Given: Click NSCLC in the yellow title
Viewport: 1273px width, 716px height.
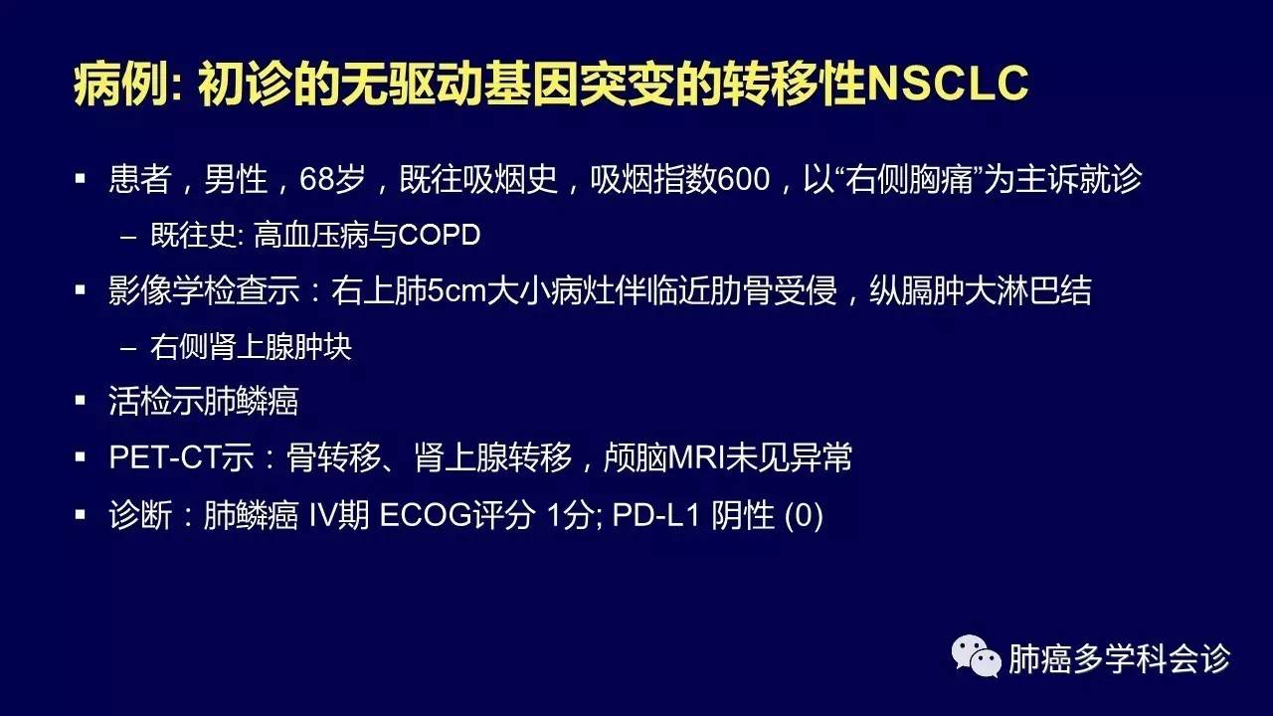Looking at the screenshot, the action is point(948,83).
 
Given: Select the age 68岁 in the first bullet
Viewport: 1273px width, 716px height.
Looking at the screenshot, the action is point(332,178).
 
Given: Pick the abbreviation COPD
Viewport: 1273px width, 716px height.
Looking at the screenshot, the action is point(440,235).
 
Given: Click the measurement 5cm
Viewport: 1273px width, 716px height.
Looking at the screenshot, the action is point(457,289).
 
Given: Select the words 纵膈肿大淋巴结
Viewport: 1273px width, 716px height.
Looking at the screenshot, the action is point(981,289).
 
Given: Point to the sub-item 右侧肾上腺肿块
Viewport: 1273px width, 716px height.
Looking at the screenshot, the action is point(251,346).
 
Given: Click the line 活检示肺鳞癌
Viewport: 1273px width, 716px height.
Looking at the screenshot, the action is point(204,401).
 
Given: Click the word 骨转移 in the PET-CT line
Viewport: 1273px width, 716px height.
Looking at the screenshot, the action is point(333,456).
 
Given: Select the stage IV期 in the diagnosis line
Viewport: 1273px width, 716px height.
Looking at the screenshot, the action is point(339,515).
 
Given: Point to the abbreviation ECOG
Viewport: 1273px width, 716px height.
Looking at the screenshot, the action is point(426,515).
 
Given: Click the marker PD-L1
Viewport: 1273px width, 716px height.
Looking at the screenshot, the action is point(655,515).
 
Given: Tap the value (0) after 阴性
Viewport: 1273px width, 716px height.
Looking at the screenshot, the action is point(804,516).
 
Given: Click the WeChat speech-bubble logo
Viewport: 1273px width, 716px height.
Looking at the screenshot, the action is point(976,656).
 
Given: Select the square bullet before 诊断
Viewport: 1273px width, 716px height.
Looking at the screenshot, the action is point(81,515).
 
